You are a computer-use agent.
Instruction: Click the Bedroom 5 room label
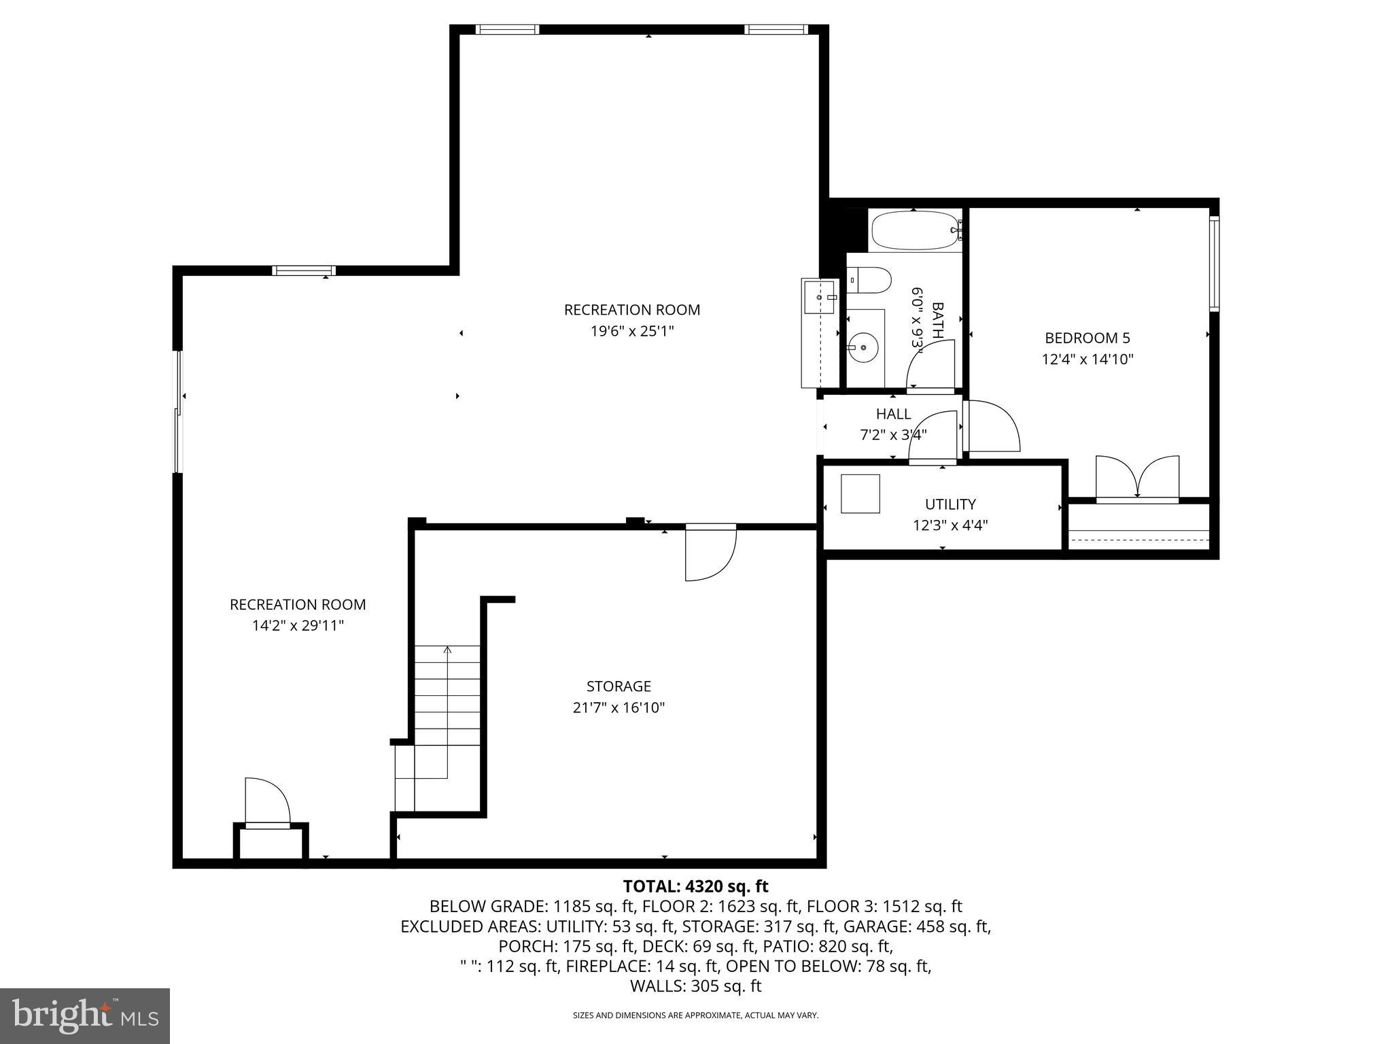[1087, 338]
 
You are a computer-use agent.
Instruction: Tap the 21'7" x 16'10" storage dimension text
[619, 708]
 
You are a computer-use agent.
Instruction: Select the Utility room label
[950, 504]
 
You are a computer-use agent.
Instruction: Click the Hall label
[893, 414]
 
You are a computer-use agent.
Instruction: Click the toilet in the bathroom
[871, 280]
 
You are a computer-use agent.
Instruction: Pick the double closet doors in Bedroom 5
[1137, 478]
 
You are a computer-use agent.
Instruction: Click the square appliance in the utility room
[860, 493]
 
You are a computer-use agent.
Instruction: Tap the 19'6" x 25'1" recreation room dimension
[631, 332]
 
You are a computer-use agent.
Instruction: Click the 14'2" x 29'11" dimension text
[298, 626]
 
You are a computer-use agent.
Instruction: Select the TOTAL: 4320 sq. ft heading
[695, 886]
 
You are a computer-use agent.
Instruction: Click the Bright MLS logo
[85, 1016]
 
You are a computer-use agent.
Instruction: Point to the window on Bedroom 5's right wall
[1214, 264]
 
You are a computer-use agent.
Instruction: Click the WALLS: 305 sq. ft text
[695, 986]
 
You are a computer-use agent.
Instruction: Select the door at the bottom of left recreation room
[267, 804]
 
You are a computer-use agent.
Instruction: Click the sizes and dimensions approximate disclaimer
[695, 1015]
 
